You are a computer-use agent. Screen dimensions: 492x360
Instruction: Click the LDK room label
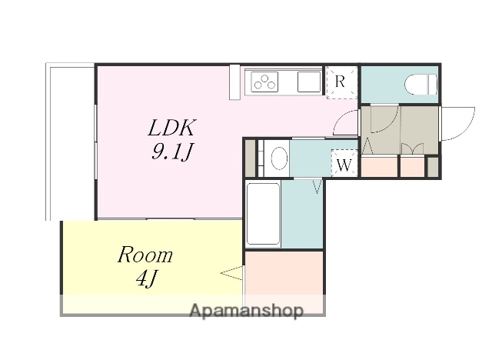coord(171,128)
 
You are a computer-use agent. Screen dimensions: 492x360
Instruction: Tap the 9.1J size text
coord(171,152)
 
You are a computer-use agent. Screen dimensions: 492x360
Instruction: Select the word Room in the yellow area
coord(145,255)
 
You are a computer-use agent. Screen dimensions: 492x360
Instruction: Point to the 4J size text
coord(147,278)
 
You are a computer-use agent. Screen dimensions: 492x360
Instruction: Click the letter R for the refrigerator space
coord(340,82)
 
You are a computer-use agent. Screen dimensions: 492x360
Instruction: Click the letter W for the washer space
coord(344,165)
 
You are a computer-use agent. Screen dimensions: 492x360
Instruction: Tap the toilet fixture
coord(421,85)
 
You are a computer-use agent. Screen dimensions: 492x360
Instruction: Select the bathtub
coord(263,214)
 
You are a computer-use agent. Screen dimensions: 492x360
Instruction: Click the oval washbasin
coord(279,158)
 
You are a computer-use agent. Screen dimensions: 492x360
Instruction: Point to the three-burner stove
coord(264,82)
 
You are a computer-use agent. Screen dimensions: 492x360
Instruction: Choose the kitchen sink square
coord(309,82)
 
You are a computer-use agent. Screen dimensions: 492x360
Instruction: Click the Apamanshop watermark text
coord(247,311)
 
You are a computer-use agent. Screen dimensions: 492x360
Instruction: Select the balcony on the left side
coord(70,142)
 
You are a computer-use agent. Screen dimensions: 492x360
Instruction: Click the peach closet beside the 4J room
coord(284,273)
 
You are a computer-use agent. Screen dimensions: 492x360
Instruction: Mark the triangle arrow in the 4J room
coord(232,273)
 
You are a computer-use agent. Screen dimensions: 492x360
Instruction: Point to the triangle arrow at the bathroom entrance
coord(317,186)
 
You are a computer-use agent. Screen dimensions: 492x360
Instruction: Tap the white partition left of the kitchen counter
coord(234,82)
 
